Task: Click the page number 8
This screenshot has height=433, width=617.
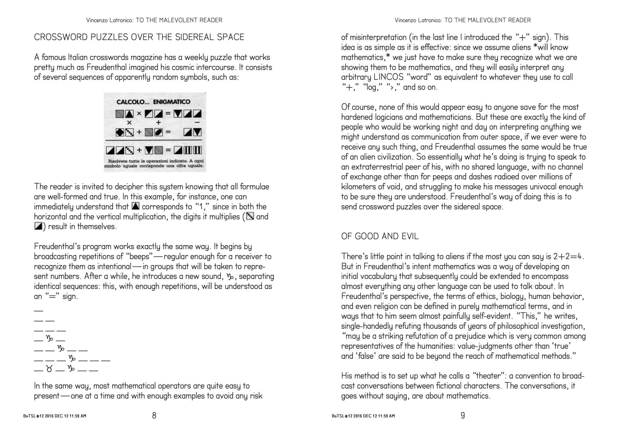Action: click(x=154, y=415)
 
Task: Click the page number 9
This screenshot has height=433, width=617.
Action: click(x=462, y=415)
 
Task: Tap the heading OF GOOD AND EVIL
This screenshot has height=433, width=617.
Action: click(x=380, y=236)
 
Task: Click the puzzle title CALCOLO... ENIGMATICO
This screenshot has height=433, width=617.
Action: click(x=153, y=102)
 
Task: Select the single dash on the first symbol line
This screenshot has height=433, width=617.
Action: click(x=39, y=310)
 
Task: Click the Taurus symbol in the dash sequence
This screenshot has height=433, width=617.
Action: click(x=49, y=368)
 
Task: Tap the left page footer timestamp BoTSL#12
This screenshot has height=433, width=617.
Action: click(x=55, y=416)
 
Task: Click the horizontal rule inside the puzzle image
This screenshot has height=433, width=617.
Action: click(x=154, y=141)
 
